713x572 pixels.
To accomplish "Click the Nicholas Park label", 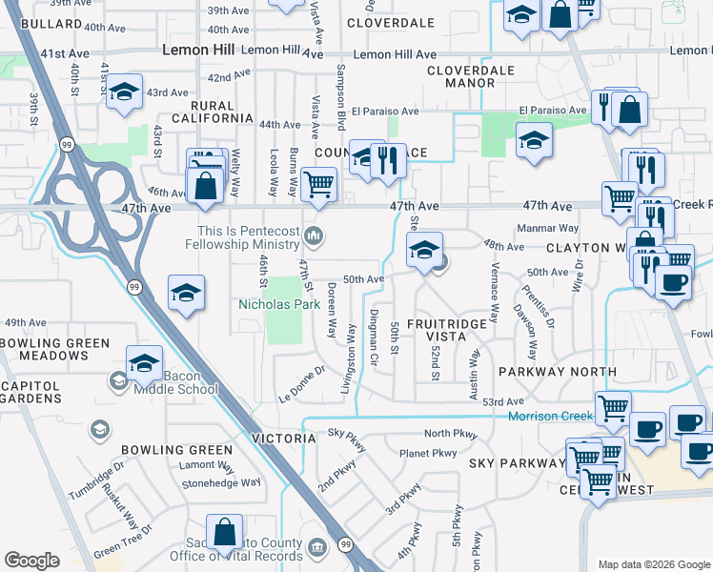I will point(279,305).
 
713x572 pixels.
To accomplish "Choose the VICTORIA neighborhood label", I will point(283,439).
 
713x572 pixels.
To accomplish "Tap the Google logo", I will point(31,561).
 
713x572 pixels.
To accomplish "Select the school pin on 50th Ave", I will point(424,251).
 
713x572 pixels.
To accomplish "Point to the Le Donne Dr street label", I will point(302,382).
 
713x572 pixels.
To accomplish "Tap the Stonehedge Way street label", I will point(221,482).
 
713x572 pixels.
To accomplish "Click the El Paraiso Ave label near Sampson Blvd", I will point(382,111).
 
